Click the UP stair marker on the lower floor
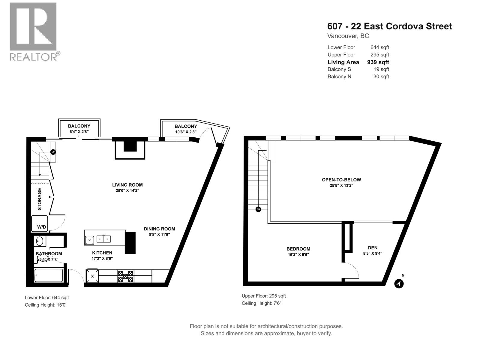coord(53,152)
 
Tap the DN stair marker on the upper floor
coord(258,209)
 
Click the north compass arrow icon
coord(399,283)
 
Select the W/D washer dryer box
coord(40,223)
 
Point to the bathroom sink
coord(40,241)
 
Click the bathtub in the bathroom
coord(49,275)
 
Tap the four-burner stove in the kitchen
coord(125,276)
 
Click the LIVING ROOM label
coord(127,185)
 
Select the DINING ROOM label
coord(159,229)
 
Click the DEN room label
coord(373,247)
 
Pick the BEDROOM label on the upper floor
coord(298,249)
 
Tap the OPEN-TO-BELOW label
coord(341,180)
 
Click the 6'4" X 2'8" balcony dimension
coord(79,132)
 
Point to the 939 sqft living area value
coord(378,62)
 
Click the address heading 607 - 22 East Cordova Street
coord(389,26)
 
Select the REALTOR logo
coord(33,31)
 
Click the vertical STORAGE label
coord(40,199)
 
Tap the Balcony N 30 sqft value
coord(381,76)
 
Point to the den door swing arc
coord(353,268)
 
